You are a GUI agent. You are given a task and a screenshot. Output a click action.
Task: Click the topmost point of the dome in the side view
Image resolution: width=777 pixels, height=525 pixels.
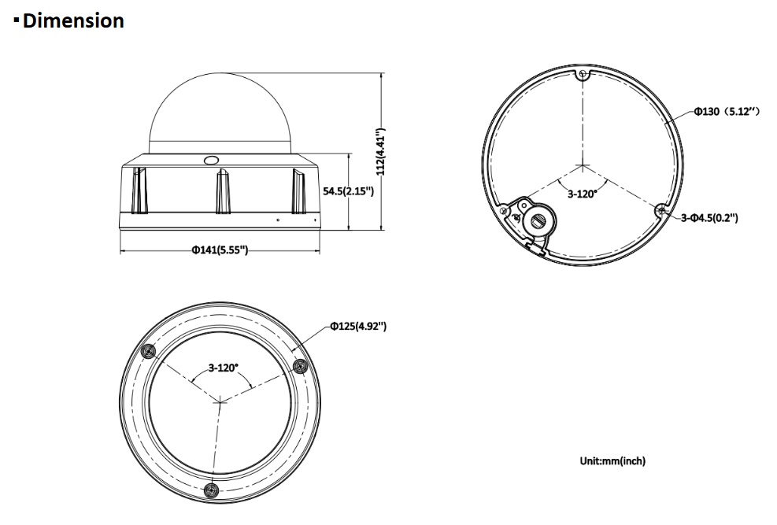[220, 72]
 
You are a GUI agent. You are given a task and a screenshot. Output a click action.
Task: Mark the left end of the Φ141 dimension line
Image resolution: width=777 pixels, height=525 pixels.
[120, 251]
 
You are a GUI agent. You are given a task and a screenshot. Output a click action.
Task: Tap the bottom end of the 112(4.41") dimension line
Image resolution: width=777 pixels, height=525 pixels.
[382, 230]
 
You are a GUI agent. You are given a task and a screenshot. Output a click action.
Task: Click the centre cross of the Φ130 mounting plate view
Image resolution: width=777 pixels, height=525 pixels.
[583, 165]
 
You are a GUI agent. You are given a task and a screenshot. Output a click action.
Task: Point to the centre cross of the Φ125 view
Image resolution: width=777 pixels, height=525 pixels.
[220, 402]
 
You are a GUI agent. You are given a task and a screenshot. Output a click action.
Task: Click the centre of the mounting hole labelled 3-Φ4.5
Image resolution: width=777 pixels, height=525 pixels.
[661, 210]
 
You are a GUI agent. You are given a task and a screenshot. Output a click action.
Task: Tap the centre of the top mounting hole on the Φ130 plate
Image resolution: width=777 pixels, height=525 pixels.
[583, 76]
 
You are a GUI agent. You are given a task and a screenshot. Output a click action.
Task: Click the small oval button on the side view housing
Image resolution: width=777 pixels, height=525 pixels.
[210, 160]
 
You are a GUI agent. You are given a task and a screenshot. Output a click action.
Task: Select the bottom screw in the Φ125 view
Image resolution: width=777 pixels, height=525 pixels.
[212, 490]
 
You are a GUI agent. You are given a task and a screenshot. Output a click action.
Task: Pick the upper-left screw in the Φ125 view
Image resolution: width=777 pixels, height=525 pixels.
[148, 352]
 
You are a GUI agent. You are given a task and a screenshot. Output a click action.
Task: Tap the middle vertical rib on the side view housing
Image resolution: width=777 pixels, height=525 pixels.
[223, 191]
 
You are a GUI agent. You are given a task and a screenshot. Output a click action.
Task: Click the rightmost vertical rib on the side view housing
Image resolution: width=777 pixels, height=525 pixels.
[298, 191]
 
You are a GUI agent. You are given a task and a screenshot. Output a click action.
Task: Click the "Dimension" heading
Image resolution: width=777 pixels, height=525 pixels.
[73, 20]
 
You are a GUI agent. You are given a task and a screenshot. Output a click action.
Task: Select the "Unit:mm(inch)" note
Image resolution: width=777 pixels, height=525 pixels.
[612, 461]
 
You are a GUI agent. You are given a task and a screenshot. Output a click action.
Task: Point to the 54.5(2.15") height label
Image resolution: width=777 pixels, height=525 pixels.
[348, 191]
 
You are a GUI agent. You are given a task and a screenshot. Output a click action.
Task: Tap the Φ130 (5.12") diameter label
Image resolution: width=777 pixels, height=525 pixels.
[727, 112]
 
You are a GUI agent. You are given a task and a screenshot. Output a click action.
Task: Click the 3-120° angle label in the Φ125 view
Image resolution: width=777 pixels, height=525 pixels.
[223, 368]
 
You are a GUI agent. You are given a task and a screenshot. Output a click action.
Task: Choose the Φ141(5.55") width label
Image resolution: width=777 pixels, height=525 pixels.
[220, 250]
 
